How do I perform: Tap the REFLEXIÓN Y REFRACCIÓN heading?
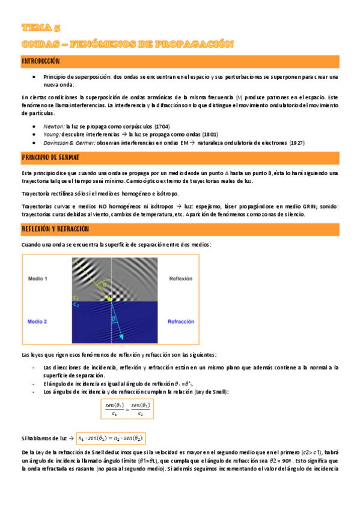coord(55,229)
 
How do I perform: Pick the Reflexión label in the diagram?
coord(181,279)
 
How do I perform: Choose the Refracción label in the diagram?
coord(181,322)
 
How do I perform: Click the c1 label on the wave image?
coord(76,297)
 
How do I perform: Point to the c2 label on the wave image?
coord(76,305)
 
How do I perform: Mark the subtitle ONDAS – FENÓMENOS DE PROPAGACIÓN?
coord(127,44)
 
